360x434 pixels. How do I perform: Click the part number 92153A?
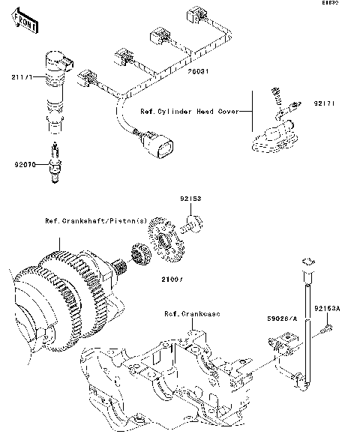327,308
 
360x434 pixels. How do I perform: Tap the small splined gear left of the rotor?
137,254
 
